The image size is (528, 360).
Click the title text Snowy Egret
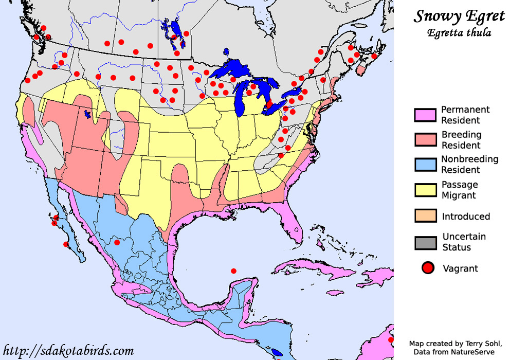459,16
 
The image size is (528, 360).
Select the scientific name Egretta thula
459,33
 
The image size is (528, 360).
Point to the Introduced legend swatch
425,216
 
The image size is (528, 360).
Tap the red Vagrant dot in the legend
428,268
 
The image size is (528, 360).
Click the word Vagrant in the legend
460,268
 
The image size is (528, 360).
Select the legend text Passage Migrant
460,190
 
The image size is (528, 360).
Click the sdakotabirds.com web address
69,351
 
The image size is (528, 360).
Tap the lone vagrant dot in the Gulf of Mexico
233,271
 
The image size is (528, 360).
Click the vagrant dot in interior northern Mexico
117,242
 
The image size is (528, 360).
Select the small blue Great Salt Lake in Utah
87,114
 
